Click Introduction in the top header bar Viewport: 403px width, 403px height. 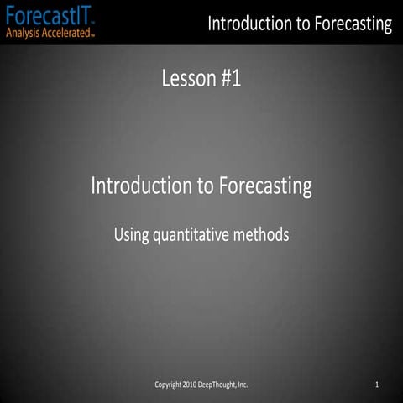248,24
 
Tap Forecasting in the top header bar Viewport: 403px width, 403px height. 352,24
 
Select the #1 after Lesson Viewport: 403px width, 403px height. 232,80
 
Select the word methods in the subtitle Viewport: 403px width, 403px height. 262,235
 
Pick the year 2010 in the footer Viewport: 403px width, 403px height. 194,385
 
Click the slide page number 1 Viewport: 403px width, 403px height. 378,385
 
